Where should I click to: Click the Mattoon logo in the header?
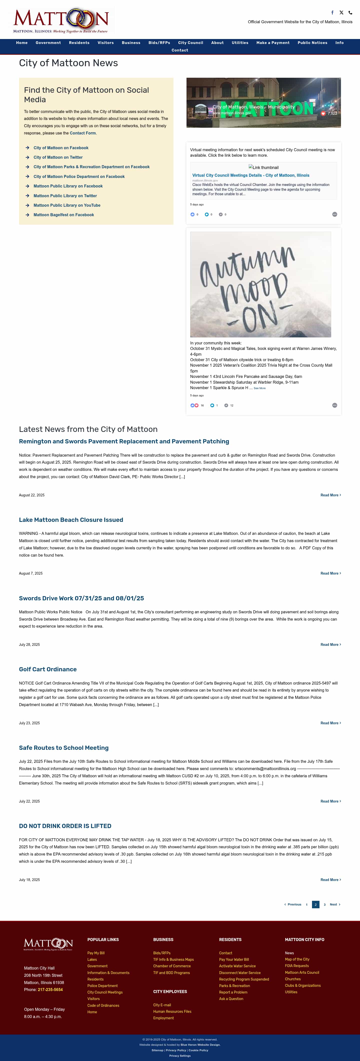click(61, 20)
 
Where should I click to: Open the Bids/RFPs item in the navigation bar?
click(159, 43)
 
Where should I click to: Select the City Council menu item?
click(190, 43)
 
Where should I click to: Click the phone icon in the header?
click(350, 13)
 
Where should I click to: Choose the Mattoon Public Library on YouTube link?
click(67, 205)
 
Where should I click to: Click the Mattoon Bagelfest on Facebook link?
click(63, 215)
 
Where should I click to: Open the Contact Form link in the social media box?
click(82, 133)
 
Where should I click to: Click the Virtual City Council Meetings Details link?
click(250, 175)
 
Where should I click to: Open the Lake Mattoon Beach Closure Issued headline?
click(71, 520)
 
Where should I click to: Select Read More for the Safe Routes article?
click(330, 801)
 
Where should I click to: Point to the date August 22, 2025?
click(32, 495)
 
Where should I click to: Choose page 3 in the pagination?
click(324, 905)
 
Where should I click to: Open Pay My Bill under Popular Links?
click(96, 953)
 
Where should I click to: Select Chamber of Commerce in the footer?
click(172, 966)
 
